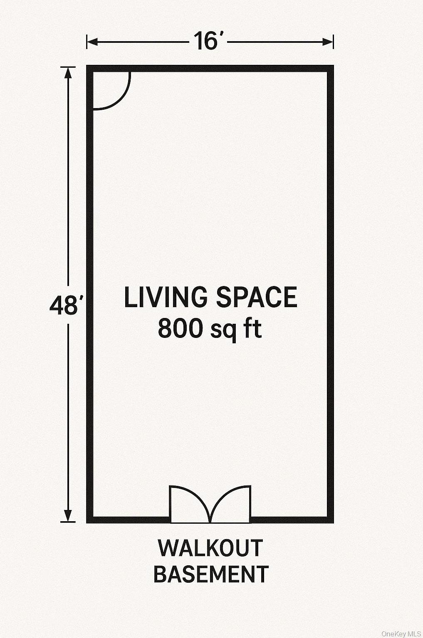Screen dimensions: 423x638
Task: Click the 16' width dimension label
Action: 210,41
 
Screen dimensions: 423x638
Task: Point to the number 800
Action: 180,328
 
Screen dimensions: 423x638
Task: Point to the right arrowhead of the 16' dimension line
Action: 328,42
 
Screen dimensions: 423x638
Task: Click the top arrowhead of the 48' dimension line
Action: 68,73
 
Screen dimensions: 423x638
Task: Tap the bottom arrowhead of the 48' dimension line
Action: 68,516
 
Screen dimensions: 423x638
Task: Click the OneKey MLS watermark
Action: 402,633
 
